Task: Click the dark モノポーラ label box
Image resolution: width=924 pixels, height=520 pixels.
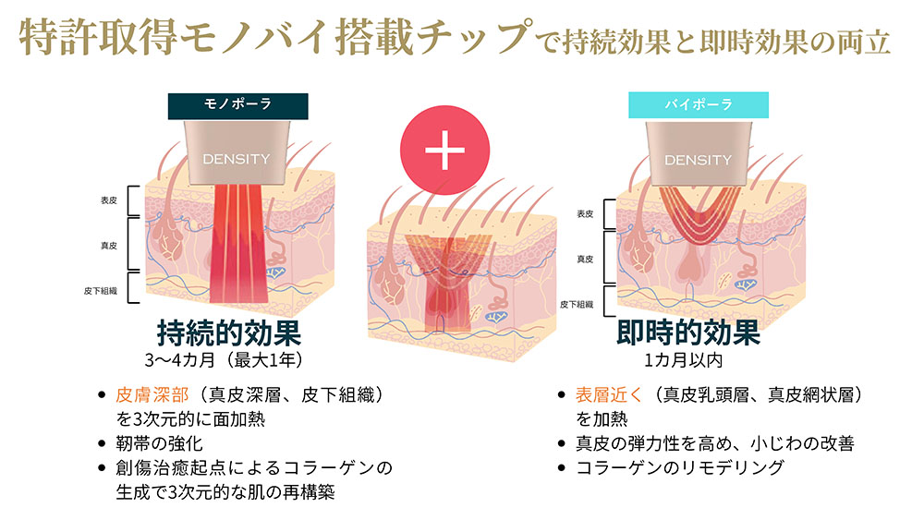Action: click(x=237, y=106)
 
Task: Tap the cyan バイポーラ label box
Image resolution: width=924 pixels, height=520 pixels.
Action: click(x=699, y=104)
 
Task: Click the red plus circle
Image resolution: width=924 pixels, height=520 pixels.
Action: click(x=445, y=151)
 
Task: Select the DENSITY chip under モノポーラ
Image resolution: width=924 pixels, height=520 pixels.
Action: click(x=237, y=152)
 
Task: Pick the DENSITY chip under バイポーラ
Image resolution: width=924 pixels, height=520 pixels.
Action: click(x=699, y=153)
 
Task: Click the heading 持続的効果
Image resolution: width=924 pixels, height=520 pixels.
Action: click(x=228, y=333)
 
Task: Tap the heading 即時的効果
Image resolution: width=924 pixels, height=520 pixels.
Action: click(x=688, y=333)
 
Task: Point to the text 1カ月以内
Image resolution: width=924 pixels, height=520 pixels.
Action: click(x=683, y=360)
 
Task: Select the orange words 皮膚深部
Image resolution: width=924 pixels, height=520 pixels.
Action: click(x=152, y=394)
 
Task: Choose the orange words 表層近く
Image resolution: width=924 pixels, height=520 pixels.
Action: click(x=609, y=394)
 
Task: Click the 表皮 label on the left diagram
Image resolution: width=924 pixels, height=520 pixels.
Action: click(x=109, y=200)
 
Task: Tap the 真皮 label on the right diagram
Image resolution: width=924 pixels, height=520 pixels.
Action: click(x=585, y=260)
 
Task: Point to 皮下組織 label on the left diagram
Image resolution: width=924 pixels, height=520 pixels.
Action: click(x=101, y=291)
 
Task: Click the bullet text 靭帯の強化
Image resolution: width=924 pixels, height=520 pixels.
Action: click(x=159, y=443)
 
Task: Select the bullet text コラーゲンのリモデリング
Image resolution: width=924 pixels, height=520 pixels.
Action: click(x=680, y=467)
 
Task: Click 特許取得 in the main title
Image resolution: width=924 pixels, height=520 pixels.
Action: click(x=98, y=38)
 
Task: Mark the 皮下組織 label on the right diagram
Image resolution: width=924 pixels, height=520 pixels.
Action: click(x=577, y=305)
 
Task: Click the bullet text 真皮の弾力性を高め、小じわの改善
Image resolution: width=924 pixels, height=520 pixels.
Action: click(x=715, y=443)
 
